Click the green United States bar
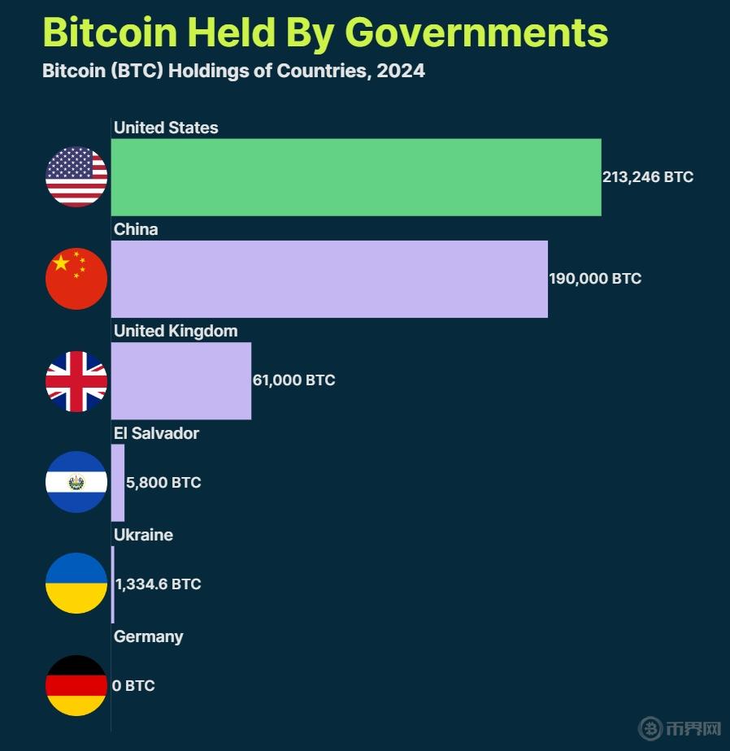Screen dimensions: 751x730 pos(356,177)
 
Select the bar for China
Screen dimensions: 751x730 pos(329,279)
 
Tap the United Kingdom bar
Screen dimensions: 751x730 pos(181,380)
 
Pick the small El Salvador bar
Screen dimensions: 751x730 pos(118,482)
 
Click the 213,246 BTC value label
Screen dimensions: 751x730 pos(648,177)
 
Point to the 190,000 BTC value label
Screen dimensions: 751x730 pos(595,279)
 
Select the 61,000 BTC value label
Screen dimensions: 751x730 pos(293,380)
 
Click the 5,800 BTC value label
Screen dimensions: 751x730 pos(163,483)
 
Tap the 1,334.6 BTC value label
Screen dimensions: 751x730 pos(159,584)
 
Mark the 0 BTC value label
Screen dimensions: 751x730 pos(133,686)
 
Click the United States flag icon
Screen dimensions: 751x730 pos(76,177)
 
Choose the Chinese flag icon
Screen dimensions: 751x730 pos(76,279)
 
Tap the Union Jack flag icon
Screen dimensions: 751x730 pos(76,381)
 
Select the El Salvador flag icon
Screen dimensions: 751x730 pos(76,482)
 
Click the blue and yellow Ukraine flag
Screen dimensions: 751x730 pos(76,584)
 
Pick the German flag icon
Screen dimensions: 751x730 pos(76,685)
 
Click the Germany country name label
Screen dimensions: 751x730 pos(149,636)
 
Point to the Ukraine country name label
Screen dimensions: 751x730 pos(143,535)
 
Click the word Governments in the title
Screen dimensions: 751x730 pos(476,33)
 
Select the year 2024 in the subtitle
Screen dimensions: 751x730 pos(401,71)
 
